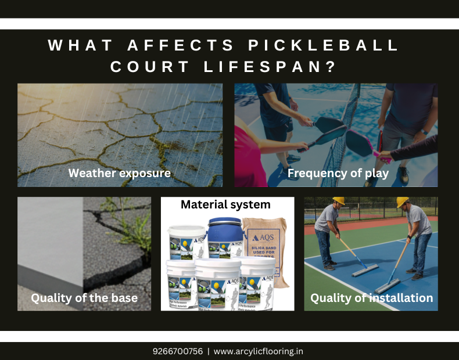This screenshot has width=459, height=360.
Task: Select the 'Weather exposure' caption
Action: pos(120,173)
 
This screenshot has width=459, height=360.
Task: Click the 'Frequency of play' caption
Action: pos(338,173)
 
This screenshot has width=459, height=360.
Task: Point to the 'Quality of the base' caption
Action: pos(84,298)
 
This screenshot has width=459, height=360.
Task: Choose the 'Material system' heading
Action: pos(225,204)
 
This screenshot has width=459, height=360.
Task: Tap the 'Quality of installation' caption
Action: pos(371,298)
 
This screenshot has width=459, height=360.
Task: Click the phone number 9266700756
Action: pos(178,351)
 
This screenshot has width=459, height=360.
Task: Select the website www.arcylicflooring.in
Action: pos(259,351)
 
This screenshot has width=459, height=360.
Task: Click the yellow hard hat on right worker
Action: pos(403,202)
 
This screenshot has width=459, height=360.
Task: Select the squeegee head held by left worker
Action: pos(365,270)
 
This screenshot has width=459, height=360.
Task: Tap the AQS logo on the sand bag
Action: pos(263,237)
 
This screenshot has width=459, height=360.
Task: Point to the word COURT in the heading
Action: pos(149,67)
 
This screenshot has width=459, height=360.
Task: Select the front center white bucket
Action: pos(217,285)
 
